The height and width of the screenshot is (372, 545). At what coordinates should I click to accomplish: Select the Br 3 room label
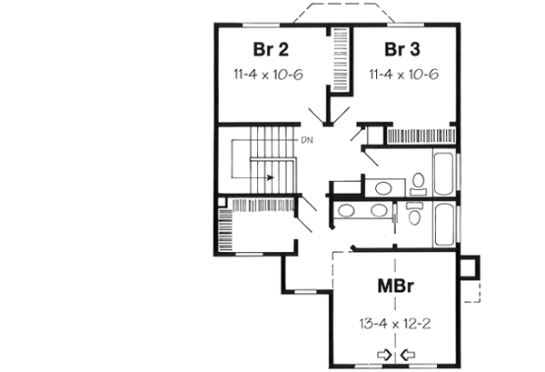(x=403, y=49)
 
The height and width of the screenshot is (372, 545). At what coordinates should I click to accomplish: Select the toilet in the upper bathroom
(x=419, y=185)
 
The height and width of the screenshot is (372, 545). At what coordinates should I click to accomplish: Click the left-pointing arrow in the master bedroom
(x=405, y=355)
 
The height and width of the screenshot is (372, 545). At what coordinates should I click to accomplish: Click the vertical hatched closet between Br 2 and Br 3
(x=340, y=60)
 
